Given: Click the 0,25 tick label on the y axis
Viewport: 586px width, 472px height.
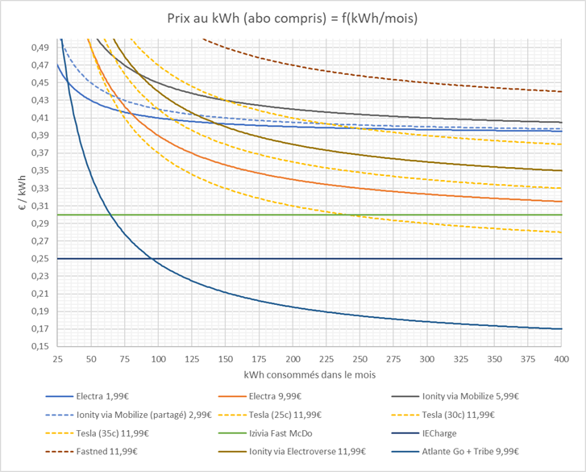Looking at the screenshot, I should click(x=39, y=259).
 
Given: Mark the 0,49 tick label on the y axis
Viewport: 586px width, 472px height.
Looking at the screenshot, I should click(x=39, y=48).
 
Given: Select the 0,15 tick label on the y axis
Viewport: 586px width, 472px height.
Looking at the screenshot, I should click(x=39, y=347).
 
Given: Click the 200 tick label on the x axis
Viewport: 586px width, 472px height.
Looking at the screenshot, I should click(x=293, y=358).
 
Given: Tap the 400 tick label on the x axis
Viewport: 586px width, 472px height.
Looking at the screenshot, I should click(x=561, y=358).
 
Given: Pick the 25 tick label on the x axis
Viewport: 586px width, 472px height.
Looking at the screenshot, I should click(x=57, y=358).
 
